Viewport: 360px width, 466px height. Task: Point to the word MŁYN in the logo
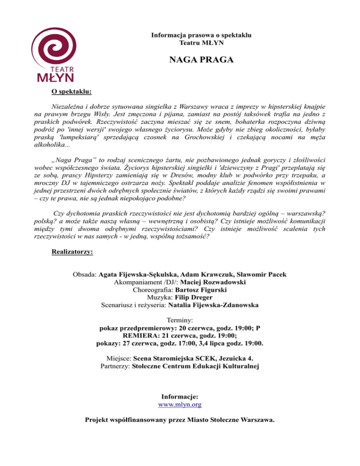(56, 77)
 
